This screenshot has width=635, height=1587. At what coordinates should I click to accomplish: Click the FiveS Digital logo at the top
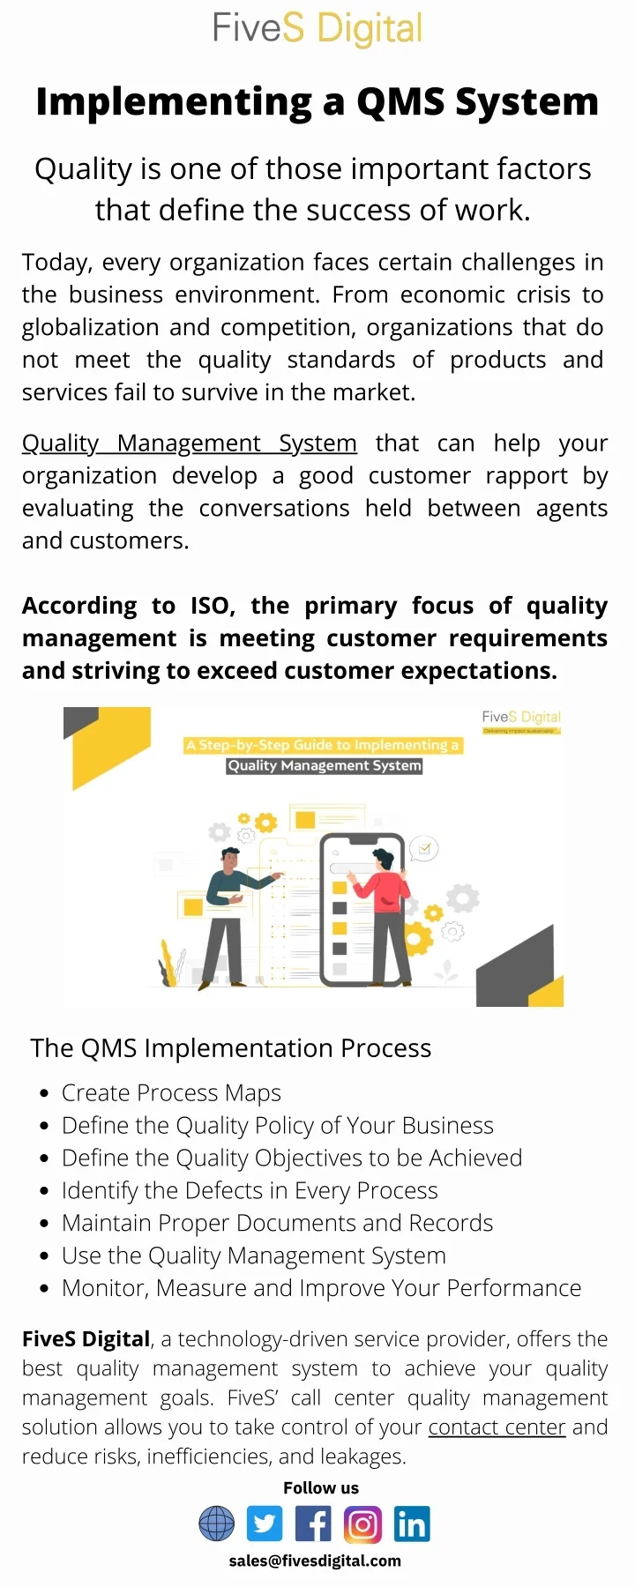317,28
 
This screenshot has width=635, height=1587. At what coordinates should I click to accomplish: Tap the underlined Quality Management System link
189,443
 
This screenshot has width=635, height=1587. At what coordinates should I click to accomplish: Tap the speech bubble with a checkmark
424,849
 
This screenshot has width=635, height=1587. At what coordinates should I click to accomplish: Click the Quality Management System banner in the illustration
325,765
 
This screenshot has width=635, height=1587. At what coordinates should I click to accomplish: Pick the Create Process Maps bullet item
171,1093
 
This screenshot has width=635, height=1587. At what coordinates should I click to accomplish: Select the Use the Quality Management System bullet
253,1255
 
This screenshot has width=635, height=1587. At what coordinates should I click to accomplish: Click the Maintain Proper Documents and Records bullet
277,1223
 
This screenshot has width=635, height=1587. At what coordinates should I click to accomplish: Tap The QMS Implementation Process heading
230,1048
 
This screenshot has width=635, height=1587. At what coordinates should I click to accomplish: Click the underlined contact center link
497,1427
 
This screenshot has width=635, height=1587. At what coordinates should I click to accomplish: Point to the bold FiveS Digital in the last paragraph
86,1339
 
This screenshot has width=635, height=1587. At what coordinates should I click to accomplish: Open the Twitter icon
265,1524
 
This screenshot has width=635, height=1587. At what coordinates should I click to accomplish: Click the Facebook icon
313,1524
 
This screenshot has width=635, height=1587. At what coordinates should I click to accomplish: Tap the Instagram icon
362,1524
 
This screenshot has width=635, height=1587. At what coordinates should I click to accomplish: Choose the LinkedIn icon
411,1524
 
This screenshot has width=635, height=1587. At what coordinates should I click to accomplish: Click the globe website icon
216,1524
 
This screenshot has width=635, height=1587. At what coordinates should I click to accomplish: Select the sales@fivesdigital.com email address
315,1561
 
